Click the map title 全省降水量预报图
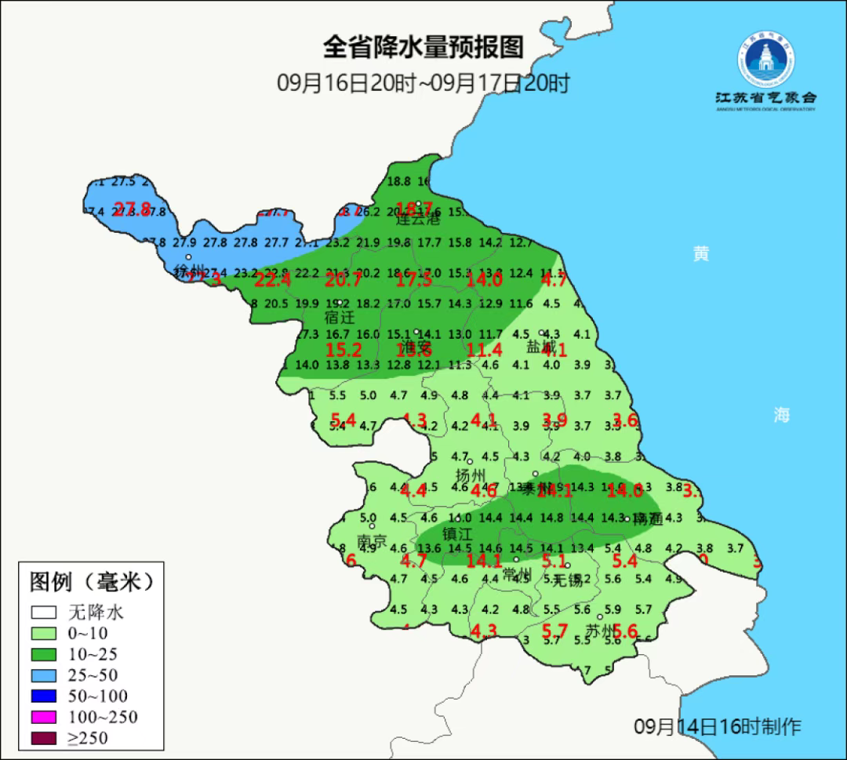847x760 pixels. coord(423,47)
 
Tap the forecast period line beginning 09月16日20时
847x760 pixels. coord(423,82)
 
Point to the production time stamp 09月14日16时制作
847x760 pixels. coord(718,725)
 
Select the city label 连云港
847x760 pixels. coord(417,220)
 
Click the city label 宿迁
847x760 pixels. coord(340,318)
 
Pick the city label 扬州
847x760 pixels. coord(471,475)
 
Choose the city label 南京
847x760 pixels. coord(372,541)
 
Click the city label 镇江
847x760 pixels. coord(458,533)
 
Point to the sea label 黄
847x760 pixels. coord(701,253)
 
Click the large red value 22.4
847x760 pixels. coord(273,278)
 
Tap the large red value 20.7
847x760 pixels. coord(344,278)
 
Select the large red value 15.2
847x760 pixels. coord(344,350)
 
